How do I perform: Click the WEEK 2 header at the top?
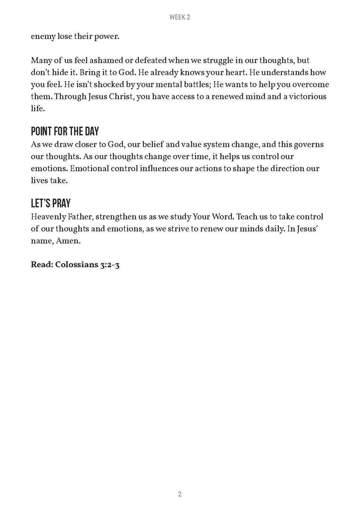tap(180, 17)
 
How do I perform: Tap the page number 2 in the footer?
tap(180, 494)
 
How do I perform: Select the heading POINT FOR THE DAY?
tap(65, 132)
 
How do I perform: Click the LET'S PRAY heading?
tap(51, 203)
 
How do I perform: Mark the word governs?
tap(307, 145)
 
